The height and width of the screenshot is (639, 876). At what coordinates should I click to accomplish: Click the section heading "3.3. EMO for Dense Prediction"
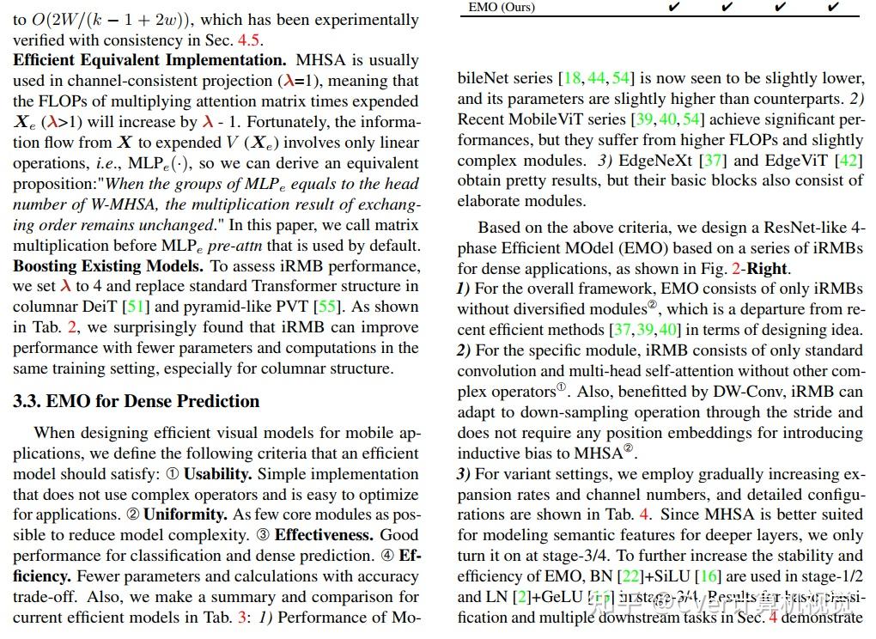(x=136, y=401)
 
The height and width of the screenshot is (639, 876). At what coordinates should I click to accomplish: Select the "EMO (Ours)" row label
(x=502, y=7)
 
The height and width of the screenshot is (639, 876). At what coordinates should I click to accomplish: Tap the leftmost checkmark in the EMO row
(x=674, y=7)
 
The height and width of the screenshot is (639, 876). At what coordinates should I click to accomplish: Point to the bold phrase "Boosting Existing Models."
(x=108, y=266)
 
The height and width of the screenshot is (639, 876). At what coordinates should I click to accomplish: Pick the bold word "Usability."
(x=218, y=474)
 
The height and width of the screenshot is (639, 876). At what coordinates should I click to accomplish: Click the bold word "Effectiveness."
(x=324, y=535)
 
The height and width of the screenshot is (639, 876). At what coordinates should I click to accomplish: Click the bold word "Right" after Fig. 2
(x=766, y=269)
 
